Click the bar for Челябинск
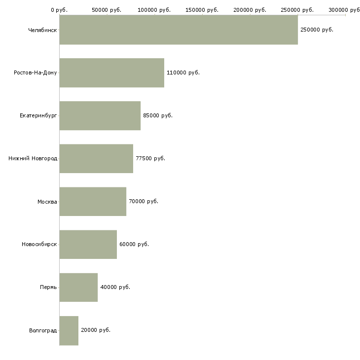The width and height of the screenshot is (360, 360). pos(179,30)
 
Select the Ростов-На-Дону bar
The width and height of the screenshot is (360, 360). pos(112,73)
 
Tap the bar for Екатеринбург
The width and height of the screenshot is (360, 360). pos(100,116)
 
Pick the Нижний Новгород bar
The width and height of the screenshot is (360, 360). pos(96,159)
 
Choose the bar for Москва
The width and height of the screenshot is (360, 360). pos(93,202)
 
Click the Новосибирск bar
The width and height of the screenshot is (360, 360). pos(88,245)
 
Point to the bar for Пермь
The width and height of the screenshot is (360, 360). pos(78,288)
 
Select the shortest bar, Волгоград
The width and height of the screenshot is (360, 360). pos(69,330)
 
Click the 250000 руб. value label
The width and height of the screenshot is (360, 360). pos(317,30)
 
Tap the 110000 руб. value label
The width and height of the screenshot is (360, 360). pos(183,73)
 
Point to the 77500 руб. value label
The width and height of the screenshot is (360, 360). pos(150,158)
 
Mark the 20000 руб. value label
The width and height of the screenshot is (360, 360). pos(96,330)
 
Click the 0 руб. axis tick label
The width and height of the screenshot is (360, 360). pos(59,10)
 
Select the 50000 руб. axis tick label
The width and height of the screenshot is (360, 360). pos(107,10)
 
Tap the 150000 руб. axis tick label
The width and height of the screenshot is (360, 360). pos(202,10)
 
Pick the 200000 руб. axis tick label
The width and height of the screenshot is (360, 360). pos(250,10)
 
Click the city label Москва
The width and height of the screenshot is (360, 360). pos(47,202)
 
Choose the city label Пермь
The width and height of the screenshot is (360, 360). pos(48,288)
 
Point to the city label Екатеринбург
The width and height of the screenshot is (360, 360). pos(38,115)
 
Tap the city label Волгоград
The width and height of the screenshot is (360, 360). pos(43,330)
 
